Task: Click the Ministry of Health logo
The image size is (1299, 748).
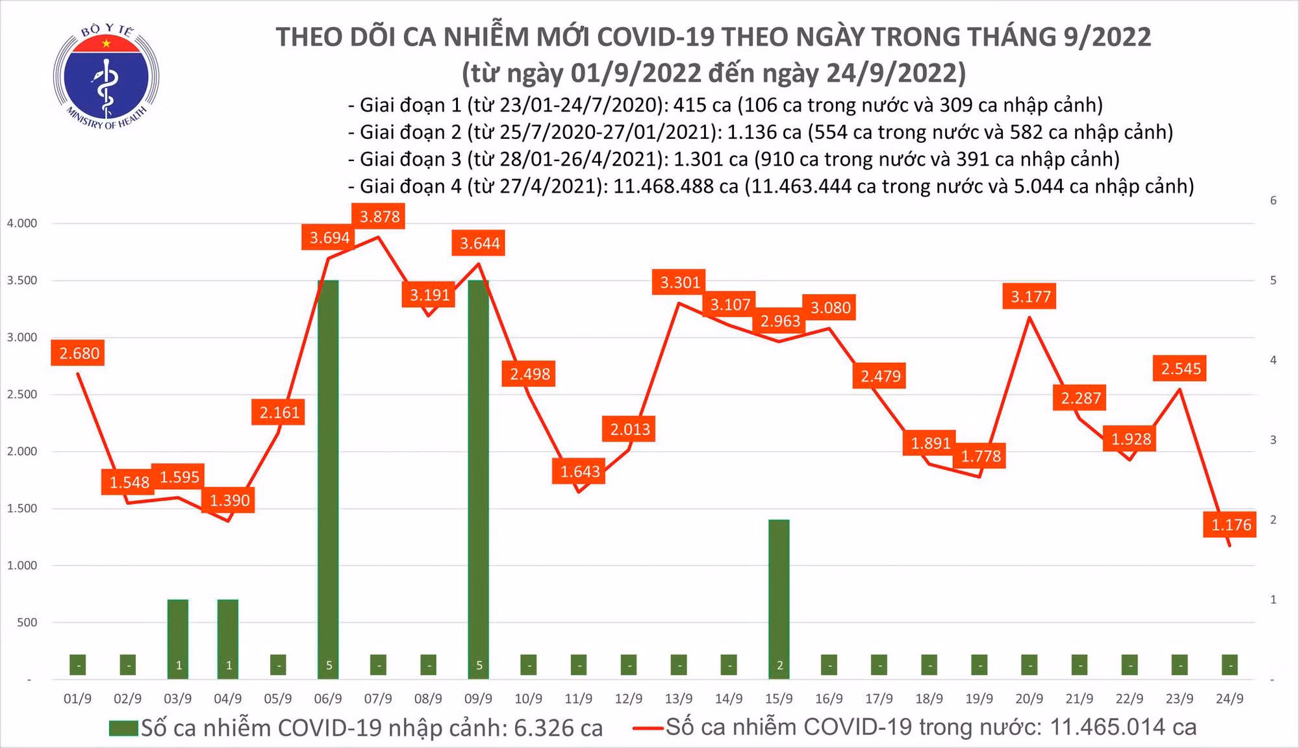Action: point(106,76)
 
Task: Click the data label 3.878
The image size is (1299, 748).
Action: point(379,216)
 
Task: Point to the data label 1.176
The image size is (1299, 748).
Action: point(1231,525)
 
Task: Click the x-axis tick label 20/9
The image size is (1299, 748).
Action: point(1029,699)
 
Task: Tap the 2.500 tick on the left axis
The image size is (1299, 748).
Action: point(22,394)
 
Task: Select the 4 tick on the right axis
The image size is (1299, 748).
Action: point(1273,360)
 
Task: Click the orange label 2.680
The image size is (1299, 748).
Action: point(79,353)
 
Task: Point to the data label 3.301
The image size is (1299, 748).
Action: point(680,282)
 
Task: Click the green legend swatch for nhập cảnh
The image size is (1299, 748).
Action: point(123,729)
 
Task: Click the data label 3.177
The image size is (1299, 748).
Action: point(1030,297)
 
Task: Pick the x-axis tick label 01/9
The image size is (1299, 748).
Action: point(77,699)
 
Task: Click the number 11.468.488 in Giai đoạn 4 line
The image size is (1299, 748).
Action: point(675,187)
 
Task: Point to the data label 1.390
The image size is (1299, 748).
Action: point(229,501)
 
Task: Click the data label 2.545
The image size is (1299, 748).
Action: point(1181,369)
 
